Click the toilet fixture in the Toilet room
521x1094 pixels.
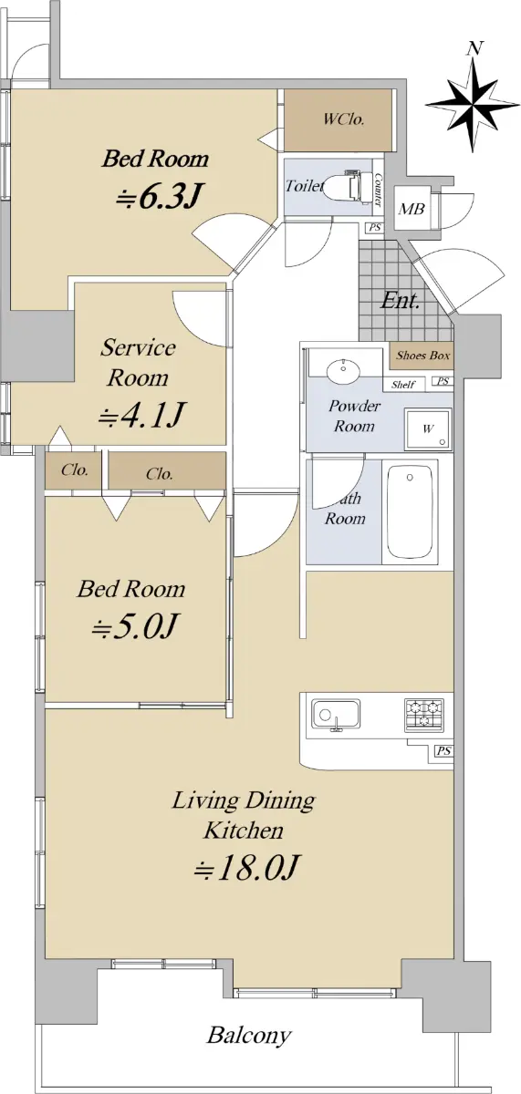click(345, 186)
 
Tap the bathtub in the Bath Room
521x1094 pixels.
click(410, 511)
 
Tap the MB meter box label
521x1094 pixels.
click(411, 209)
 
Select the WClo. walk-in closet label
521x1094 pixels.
click(343, 119)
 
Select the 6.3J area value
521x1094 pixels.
click(159, 196)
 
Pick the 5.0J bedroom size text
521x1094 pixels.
click(133, 625)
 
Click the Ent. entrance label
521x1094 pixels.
click(400, 300)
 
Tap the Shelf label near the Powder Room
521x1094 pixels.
click(402, 385)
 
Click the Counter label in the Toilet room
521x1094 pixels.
click(378, 190)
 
